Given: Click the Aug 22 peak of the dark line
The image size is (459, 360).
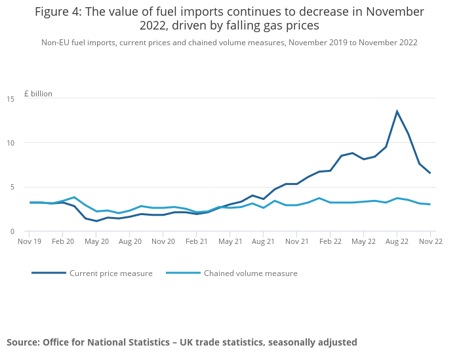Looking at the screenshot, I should pos(397,111).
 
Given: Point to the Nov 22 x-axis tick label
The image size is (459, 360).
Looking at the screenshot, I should pos(430,241).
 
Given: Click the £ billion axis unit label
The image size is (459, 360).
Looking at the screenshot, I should pos(38,94).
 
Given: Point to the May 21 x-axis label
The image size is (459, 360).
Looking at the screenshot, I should pos(229,241).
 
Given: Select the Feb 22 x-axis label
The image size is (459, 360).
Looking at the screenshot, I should pos(330,241).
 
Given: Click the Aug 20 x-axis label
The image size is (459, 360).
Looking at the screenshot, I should pos(129,241).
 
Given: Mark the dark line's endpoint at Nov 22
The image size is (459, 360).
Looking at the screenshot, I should pos(430,173).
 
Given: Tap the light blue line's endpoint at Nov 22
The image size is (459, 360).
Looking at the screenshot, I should pos(430,205).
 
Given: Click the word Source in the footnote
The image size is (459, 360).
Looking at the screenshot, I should pos(23,342).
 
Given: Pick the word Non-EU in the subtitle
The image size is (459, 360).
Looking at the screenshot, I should pos(56,43).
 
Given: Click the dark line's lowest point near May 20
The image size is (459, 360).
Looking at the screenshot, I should pos(96,221).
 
